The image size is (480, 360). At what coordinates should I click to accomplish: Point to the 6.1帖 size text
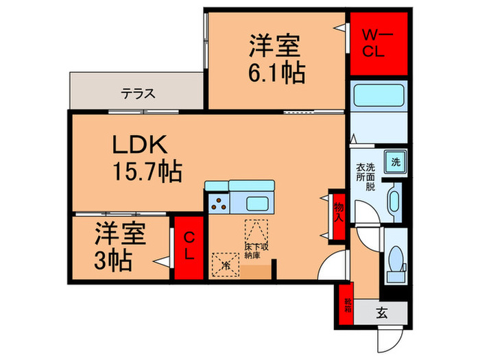[274, 73]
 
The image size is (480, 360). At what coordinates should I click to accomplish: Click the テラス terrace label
[139, 94]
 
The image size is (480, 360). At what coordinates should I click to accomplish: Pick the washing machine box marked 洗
[395, 163]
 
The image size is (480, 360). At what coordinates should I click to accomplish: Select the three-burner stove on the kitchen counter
[219, 204]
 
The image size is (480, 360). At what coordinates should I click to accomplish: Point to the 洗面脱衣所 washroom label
[365, 176]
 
